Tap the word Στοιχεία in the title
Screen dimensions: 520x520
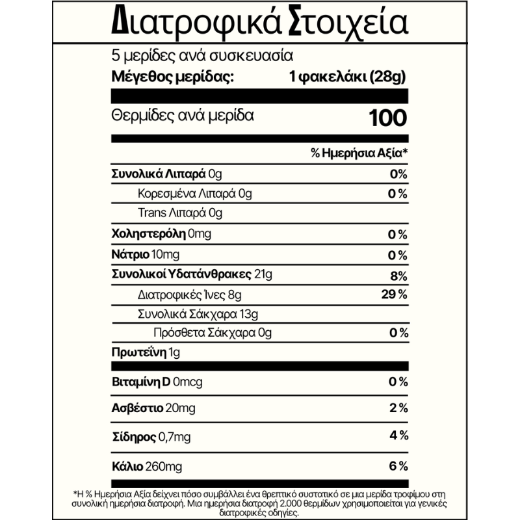(343, 23)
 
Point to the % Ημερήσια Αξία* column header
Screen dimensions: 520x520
(359, 154)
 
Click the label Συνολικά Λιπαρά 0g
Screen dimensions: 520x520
(167, 174)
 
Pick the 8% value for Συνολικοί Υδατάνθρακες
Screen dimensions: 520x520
(399, 274)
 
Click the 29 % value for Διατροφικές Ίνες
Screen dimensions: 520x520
(394, 295)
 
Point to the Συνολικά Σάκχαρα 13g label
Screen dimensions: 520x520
(198, 315)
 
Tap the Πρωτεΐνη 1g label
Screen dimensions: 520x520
(145, 354)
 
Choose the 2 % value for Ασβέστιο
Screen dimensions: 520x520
(398, 408)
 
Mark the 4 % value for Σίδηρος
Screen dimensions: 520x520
(398, 435)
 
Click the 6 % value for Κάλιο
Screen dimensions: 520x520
(398, 466)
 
